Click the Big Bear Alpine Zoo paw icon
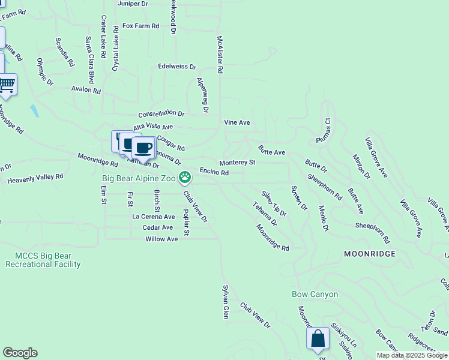(x=185, y=177)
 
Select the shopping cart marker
(x=7, y=85)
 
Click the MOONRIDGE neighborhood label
(x=370, y=254)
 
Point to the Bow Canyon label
(x=315, y=294)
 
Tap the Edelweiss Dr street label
(x=177, y=67)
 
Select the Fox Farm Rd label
(x=140, y=26)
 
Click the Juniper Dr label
(x=133, y=4)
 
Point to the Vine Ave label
(x=237, y=122)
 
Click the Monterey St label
(x=237, y=162)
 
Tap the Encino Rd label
(x=214, y=172)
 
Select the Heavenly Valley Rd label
(x=35, y=178)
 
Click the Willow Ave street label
(x=161, y=239)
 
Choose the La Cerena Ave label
(x=153, y=217)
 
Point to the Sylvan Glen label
(x=226, y=302)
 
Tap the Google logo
(x=20, y=353)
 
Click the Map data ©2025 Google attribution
(x=412, y=355)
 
